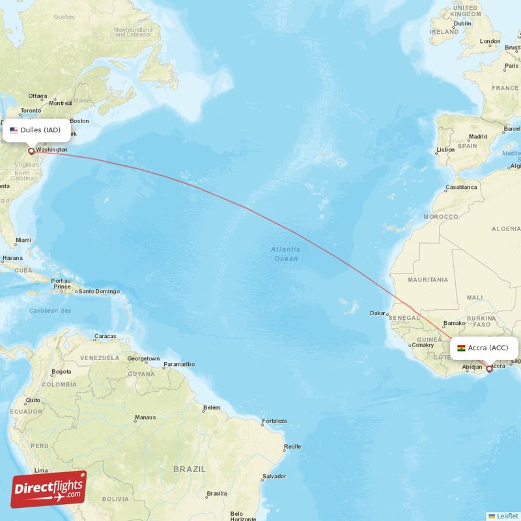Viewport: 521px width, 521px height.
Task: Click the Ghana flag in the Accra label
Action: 462,348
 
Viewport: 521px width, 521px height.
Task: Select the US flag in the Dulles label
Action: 14,130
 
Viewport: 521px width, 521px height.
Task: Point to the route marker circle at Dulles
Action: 31,151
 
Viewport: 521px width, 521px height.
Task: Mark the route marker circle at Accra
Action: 489,369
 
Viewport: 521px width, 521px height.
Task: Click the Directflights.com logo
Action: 49,489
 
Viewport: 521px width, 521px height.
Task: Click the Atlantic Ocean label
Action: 286,254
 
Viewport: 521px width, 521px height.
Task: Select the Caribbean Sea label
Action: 49,311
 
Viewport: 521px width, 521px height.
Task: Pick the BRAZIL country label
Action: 190,469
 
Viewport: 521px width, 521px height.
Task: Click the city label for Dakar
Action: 378,313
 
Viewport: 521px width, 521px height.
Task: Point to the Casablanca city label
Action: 460,187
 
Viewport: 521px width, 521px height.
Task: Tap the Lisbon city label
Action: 445,150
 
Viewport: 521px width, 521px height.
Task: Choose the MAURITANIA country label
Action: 428,279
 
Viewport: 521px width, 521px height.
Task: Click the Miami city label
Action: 23,240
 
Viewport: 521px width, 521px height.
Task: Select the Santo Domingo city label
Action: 99,291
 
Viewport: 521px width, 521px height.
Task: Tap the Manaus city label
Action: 145,417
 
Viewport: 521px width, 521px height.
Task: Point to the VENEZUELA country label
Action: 100,358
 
